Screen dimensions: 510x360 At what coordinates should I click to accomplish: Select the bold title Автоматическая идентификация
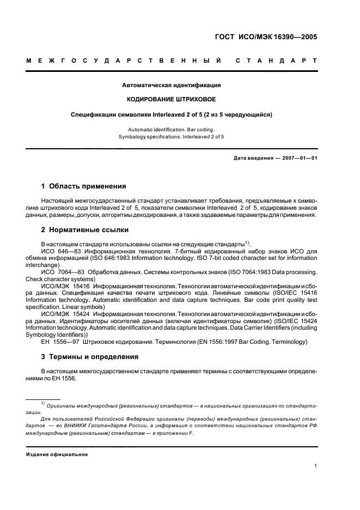172,86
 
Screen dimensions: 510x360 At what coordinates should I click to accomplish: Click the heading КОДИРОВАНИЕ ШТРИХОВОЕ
172,100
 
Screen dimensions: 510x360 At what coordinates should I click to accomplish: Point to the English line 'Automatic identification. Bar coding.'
172,129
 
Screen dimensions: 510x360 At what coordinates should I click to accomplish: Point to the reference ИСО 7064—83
62,271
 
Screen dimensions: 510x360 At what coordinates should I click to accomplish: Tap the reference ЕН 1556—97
59,342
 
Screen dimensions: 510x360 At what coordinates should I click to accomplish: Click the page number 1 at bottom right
316,466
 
